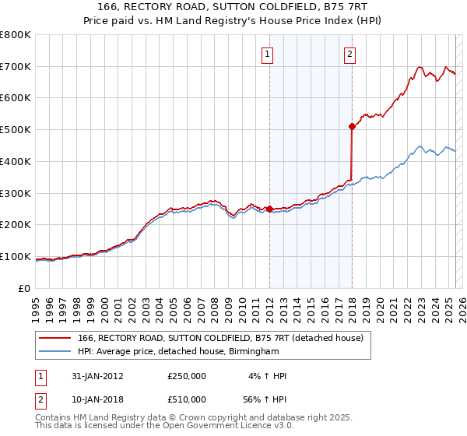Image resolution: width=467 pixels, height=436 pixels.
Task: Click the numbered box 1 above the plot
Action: pos(267,54)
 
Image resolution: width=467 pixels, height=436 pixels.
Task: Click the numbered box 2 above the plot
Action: pos(349,54)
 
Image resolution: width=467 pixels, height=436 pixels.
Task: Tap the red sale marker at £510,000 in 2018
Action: pos(352,125)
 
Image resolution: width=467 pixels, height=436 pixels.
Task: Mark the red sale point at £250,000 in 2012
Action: pos(269,209)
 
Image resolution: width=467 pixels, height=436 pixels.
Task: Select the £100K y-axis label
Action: pos(16,256)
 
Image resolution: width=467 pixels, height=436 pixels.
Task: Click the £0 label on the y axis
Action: pos(25,288)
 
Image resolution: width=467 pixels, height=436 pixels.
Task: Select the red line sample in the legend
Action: pos(54,338)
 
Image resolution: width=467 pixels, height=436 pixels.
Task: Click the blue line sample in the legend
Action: pos(54,352)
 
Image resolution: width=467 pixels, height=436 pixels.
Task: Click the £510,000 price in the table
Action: pos(187,399)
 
